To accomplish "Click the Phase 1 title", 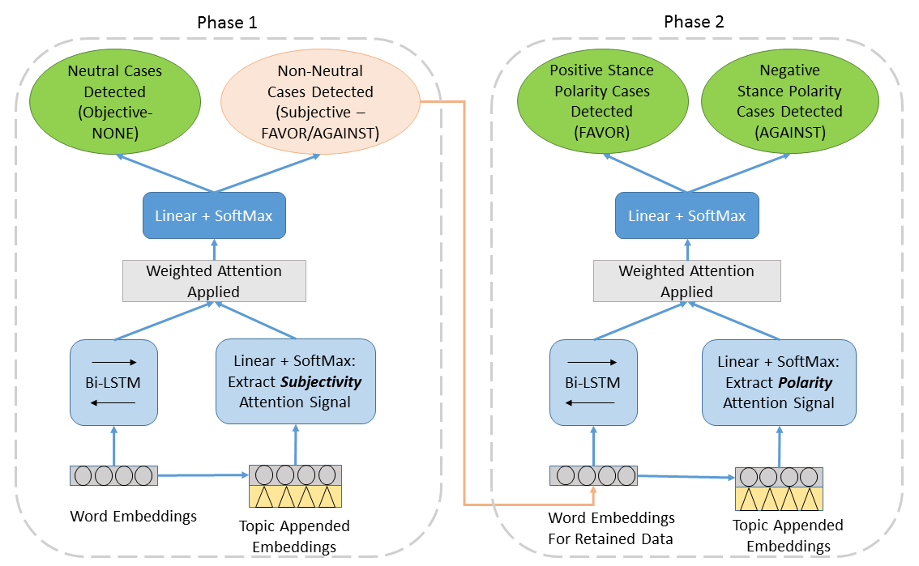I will pyautogui.click(x=227, y=23).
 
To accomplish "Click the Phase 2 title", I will pyautogui.click(x=694, y=22).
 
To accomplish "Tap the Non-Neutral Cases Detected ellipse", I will pyautogui.click(x=319, y=101).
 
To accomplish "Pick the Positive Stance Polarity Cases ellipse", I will pyautogui.click(x=601, y=101).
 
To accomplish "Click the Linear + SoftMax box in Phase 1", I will pyautogui.click(x=215, y=215).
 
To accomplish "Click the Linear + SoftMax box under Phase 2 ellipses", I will pyautogui.click(x=686, y=215).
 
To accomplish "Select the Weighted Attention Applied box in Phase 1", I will pyautogui.click(x=214, y=281).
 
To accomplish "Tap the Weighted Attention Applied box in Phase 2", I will pyautogui.click(x=686, y=281).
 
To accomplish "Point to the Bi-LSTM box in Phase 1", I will pyautogui.click(x=113, y=381).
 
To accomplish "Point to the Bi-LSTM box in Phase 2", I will pyautogui.click(x=593, y=381).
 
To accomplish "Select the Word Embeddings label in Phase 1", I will pyautogui.click(x=134, y=516).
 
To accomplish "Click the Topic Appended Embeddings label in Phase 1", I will pyautogui.click(x=294, y=536).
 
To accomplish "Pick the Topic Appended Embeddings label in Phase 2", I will pyautogui.click(x=788, y=535).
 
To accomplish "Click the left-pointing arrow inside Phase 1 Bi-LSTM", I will pyautogui.click(x=113, y=401).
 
